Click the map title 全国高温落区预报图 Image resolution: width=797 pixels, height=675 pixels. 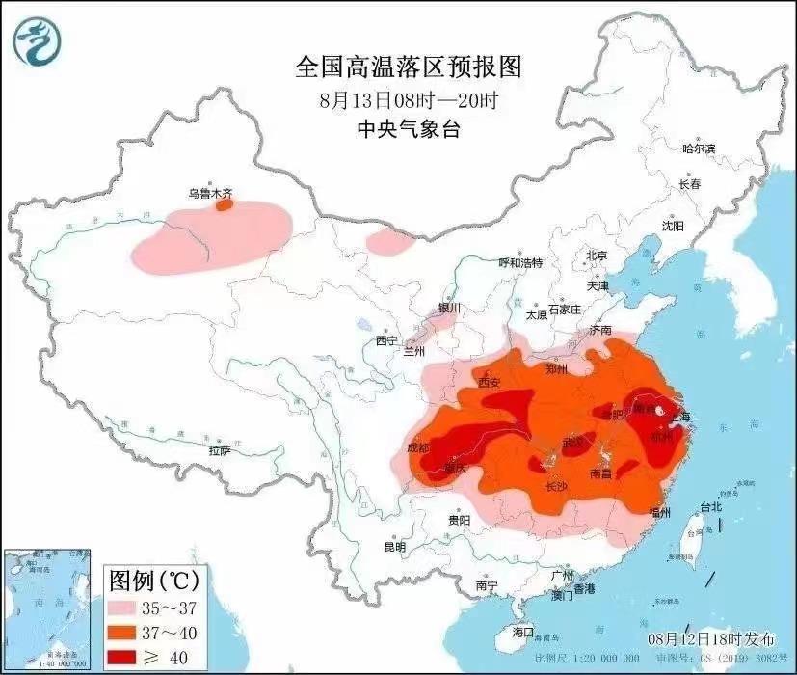pos(408,67)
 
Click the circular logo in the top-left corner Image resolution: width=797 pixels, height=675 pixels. pos(37,40)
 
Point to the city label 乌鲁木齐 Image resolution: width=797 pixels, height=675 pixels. pos(209,194)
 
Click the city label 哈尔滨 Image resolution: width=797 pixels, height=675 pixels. pos(699,148)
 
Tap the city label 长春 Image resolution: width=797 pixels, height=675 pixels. pos(689,183)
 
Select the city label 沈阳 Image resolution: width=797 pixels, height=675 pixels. pos(673,226)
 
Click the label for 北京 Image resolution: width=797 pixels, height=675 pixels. pos(597,256)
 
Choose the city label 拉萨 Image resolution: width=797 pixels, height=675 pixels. pos(220,450)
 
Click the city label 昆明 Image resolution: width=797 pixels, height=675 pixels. pos(395,547)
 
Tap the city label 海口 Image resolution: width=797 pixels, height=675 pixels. pos(522,632)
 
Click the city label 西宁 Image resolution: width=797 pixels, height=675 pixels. pos(386,340)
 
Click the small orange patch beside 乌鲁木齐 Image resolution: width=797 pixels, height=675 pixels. pos(225,204)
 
